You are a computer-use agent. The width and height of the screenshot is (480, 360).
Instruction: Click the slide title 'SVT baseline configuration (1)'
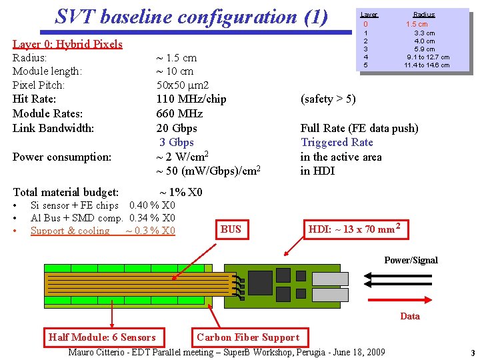pyautogui.click(x=191, y=17)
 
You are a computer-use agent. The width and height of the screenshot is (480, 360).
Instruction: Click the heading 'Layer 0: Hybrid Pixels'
pyautogui.click(x=67, y=44)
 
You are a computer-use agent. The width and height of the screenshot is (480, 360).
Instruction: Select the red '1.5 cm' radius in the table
pyautogui.click(x=417, y=24)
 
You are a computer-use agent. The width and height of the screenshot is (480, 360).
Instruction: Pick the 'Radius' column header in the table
pyautogui.click(x=423, y=14)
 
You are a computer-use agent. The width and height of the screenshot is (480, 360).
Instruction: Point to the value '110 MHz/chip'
pyautogui.click(x=191, y=99)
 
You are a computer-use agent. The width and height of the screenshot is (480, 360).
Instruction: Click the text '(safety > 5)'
pyautogui.click(x=328, y=99)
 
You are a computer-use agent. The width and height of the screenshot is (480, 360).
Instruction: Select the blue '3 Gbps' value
pyautogui.click(x=177, y=142)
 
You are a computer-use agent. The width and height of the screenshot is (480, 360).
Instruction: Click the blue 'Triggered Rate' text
pyautogui.click(x=337, y=142)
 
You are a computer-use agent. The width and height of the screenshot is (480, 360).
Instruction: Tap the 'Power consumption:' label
pyautogui.click(x=62, y=157)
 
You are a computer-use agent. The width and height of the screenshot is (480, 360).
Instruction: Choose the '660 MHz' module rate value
pyautogui.click(x=179, y=113)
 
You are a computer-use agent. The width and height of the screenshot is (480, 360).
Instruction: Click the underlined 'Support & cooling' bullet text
pyautogui.click(x=70, y=231)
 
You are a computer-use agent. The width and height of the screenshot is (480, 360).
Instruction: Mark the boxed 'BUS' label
pyautogui.click(x=231, y=230)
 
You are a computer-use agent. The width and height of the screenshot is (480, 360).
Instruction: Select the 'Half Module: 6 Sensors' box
pyautogui.click(x=102, y=337)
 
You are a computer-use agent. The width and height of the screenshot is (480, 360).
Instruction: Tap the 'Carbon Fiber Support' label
pyautogui.click(x=248, y=337)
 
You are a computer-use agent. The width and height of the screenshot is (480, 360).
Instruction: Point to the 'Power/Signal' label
pyautogui.click(x=411, y=260)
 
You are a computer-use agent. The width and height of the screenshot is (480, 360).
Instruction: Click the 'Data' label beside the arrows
pyautogui.click(x=410, y=316)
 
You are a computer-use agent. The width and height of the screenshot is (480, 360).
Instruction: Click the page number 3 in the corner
pyautogui.click(x=472, y=353)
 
